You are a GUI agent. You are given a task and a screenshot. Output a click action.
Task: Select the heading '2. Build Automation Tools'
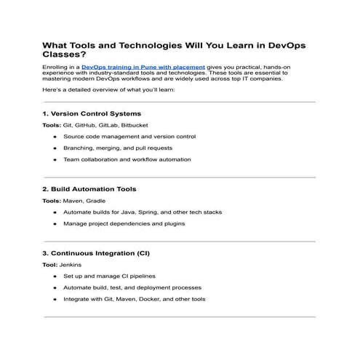coord(89,188)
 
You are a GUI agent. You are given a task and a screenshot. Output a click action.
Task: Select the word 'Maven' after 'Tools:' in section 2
coord(73,200)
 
